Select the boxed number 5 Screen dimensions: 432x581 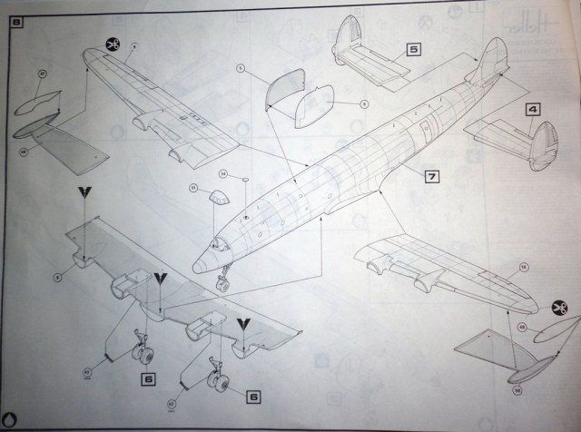412,51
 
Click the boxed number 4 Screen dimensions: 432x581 533,110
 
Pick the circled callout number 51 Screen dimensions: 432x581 192,188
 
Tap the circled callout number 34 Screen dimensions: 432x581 223,173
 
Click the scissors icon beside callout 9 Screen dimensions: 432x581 113,43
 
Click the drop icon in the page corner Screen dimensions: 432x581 10,417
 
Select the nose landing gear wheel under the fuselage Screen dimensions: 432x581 222,283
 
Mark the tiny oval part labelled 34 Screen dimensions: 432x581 245,181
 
